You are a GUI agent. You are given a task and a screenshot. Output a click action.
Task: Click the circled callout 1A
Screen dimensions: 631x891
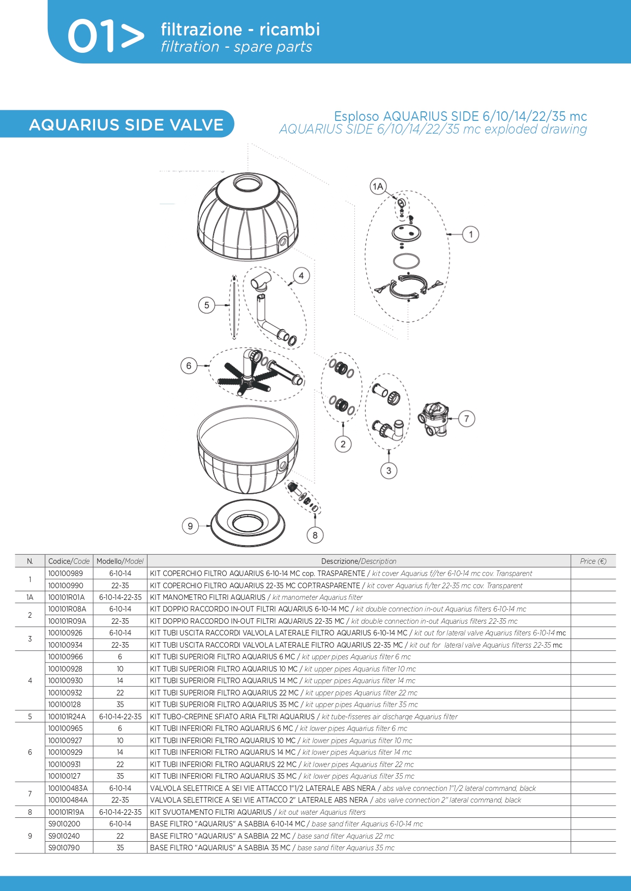pos(378,186)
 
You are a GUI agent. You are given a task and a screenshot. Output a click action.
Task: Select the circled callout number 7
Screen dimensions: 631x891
pos(466,419)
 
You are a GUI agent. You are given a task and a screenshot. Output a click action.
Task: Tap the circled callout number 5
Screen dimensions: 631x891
pos(206,305)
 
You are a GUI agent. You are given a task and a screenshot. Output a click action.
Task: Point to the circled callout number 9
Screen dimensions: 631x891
pos(190,526)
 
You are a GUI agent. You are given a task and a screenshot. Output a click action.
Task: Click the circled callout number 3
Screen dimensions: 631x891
pos(389,470)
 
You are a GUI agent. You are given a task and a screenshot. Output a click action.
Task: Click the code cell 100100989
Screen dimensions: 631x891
pos(66,574)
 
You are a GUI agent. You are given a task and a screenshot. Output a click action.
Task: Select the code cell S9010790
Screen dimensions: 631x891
pos(64,848)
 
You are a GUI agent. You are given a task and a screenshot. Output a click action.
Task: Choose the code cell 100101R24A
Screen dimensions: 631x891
pos(67,717)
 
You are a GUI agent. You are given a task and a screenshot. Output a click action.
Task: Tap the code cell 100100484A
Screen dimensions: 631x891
pos(68,800)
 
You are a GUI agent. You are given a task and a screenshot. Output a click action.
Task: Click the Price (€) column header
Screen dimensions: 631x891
pos(593,561)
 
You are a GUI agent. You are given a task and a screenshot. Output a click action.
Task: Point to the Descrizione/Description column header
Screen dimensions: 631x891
pos(358,561)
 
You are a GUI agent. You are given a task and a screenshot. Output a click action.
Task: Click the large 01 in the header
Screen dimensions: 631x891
pos(91,37)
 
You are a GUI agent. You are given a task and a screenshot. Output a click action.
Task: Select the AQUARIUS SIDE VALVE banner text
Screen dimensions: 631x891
pos(126,125)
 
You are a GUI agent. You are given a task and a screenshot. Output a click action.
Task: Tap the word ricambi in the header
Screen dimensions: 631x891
pos(290,29)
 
